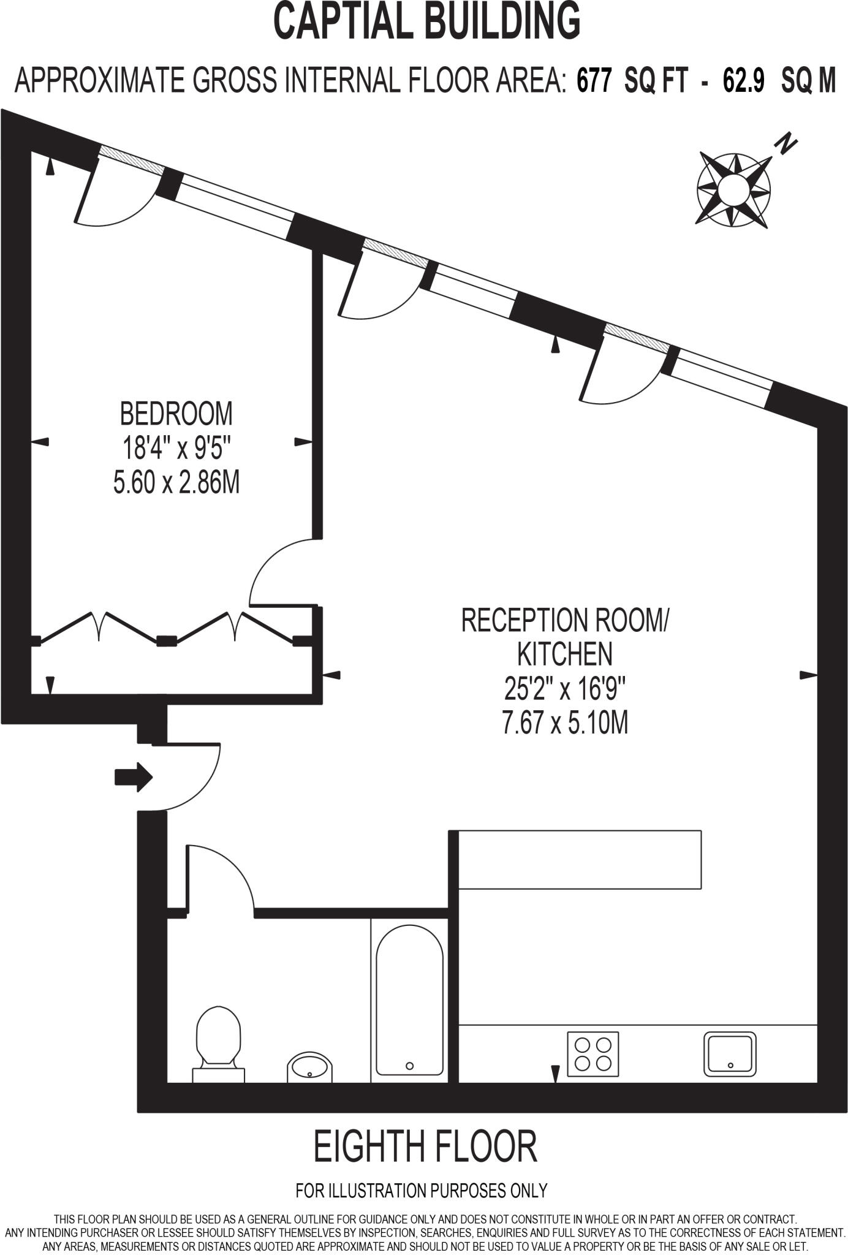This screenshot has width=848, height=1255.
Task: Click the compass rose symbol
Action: coord(733,189)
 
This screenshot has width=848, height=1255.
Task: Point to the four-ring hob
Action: coord(592,1053)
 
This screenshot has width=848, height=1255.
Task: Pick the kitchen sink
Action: coord(730,1053)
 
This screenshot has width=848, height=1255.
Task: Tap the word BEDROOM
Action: coord(176,414)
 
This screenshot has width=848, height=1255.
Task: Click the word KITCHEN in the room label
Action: coord(565,654)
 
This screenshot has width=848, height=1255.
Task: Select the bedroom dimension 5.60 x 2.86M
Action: coord(176,482)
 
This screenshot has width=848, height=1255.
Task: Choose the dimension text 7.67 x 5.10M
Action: coord(565,722)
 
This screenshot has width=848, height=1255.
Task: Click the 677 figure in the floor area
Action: coord(594,81)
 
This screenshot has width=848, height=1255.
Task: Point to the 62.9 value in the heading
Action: coord(743,81)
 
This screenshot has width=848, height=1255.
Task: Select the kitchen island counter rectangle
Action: coord(580,859)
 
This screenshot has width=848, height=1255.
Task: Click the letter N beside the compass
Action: coord(786,144)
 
